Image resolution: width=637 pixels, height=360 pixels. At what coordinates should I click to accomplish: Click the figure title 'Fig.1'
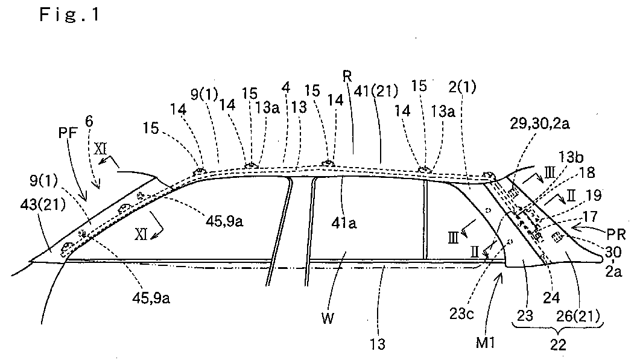(x=69, y=15)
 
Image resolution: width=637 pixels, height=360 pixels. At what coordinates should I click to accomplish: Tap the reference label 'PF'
(x=68, y=133)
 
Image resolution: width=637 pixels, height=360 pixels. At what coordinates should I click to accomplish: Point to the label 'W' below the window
(x=328, y=318)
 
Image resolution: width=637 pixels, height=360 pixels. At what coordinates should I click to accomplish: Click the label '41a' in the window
(x=344, y=223)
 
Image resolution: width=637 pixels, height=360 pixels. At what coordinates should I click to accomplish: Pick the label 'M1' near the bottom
(x=486, y=343)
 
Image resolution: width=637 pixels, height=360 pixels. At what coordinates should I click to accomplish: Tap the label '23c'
(x=462, y=314)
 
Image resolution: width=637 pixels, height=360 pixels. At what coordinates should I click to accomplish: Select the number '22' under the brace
(x=558, y=345)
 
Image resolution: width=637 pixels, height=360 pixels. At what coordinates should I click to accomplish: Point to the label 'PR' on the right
(x=616, y=235)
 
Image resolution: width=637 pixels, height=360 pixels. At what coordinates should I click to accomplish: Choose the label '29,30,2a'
(x=540, y=124)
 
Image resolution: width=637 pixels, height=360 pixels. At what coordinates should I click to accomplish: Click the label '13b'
(x=571, y=157)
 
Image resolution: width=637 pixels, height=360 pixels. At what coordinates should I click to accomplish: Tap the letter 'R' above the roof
(x=347, y=76)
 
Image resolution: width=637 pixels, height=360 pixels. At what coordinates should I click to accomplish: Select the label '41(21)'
(x=376, y=91)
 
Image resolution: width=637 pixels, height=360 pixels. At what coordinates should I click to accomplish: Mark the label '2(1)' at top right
(x=463, y=87)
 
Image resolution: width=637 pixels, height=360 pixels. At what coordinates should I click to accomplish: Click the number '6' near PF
(x=89, y=121)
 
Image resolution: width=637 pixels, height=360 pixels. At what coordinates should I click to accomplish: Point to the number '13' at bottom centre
(x=378, y=344)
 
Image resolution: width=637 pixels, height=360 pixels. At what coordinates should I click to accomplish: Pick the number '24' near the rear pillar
(x=551, y=298)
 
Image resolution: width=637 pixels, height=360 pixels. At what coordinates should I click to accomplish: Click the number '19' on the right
(x=594, y=195)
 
